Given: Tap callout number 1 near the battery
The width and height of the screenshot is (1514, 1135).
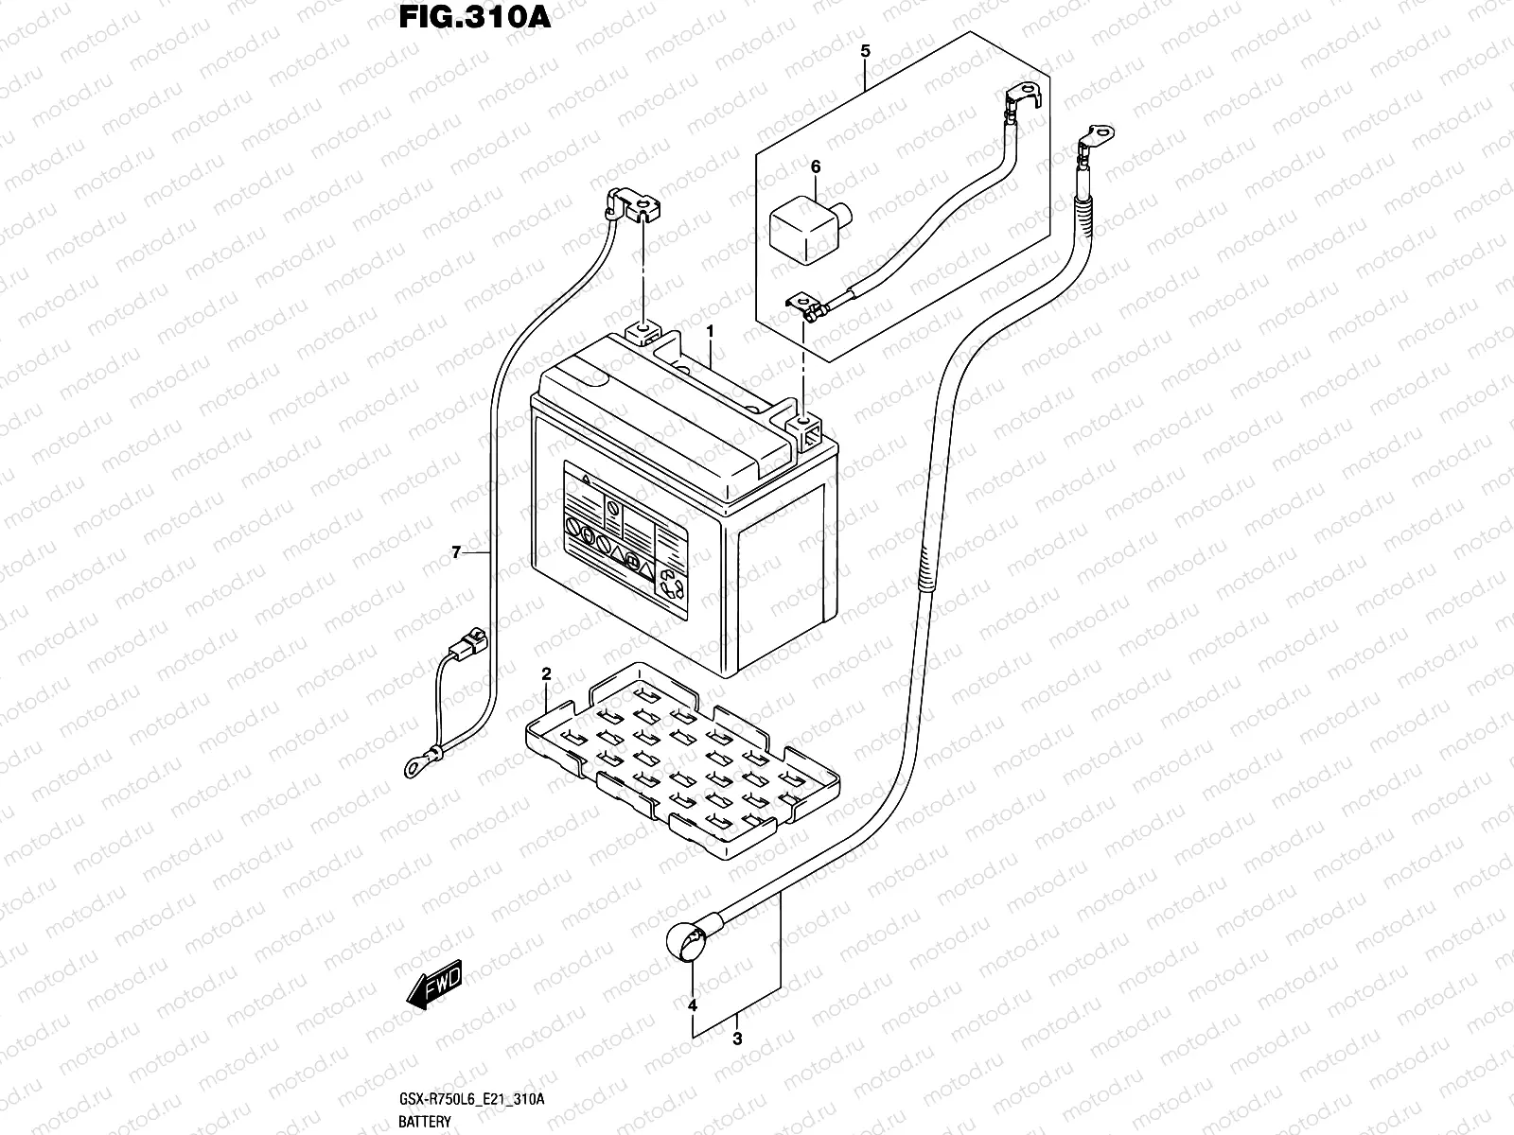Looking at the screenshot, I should [x=709, y=332].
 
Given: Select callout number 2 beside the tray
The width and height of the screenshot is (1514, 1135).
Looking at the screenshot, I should [x=546, y=674].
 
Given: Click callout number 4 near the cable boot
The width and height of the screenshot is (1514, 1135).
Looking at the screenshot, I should [x=693, y=1004].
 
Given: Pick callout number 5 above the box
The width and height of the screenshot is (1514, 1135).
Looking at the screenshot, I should [x=865, y=52].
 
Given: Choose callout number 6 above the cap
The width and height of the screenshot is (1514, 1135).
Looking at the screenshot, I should [x=816, y=167].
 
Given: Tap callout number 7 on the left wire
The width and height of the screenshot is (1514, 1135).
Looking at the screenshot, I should [x=455, y=552].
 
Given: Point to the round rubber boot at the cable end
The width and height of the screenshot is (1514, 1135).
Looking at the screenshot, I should [x=686, y=942].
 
